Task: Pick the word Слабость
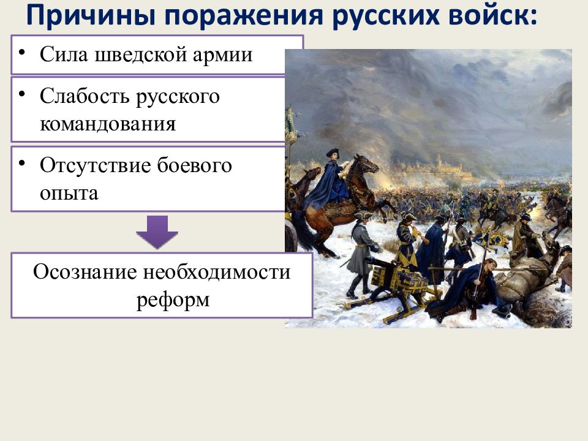(85, 96)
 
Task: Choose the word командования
(108, 124)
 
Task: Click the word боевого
(194, 165)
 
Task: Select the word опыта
(69, 194)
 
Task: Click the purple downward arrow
(157, 232)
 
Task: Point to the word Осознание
(85, 271)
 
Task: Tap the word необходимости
(217, 271)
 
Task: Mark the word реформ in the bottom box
(173, 300)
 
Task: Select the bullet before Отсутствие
(22, 163)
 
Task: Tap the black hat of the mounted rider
(332, 153)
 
